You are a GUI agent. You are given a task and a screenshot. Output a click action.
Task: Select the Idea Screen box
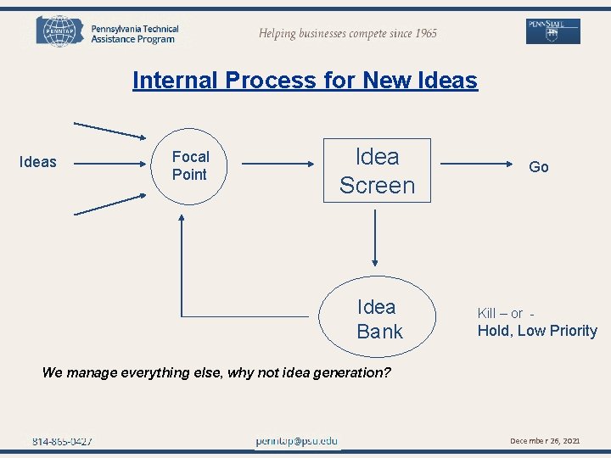pyautogui.click(x=378, y=170)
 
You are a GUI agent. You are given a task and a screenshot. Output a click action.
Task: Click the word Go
pyautogui.click(x=539, y=167)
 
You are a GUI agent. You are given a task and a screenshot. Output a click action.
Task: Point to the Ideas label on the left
pyautogui.click(x=38, y=162)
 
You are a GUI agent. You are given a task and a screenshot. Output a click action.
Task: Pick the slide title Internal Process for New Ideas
pyautogui.click(x=305, y=81)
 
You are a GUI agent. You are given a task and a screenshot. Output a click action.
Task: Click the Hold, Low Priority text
pyautogui.click(x=537, y=331)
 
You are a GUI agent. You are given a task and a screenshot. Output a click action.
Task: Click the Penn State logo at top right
pyautogui.click(x=552, y=31)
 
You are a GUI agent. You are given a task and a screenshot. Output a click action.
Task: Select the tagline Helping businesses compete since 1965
pyautogui.click(x=348, y=33)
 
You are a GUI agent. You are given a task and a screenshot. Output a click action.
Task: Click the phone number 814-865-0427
pyautogui.click(x=62, y=441)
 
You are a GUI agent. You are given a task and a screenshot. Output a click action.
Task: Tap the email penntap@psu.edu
pyautogui.click(x=297, y=441)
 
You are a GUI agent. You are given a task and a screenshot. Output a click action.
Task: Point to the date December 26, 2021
pyautogui.click(x=545, y=441)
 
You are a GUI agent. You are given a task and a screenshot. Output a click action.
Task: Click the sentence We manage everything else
pyautogui.click(x=216, y=371)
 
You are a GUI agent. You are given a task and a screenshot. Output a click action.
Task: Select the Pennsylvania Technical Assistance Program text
pyautogui.click(x=135, y=34)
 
